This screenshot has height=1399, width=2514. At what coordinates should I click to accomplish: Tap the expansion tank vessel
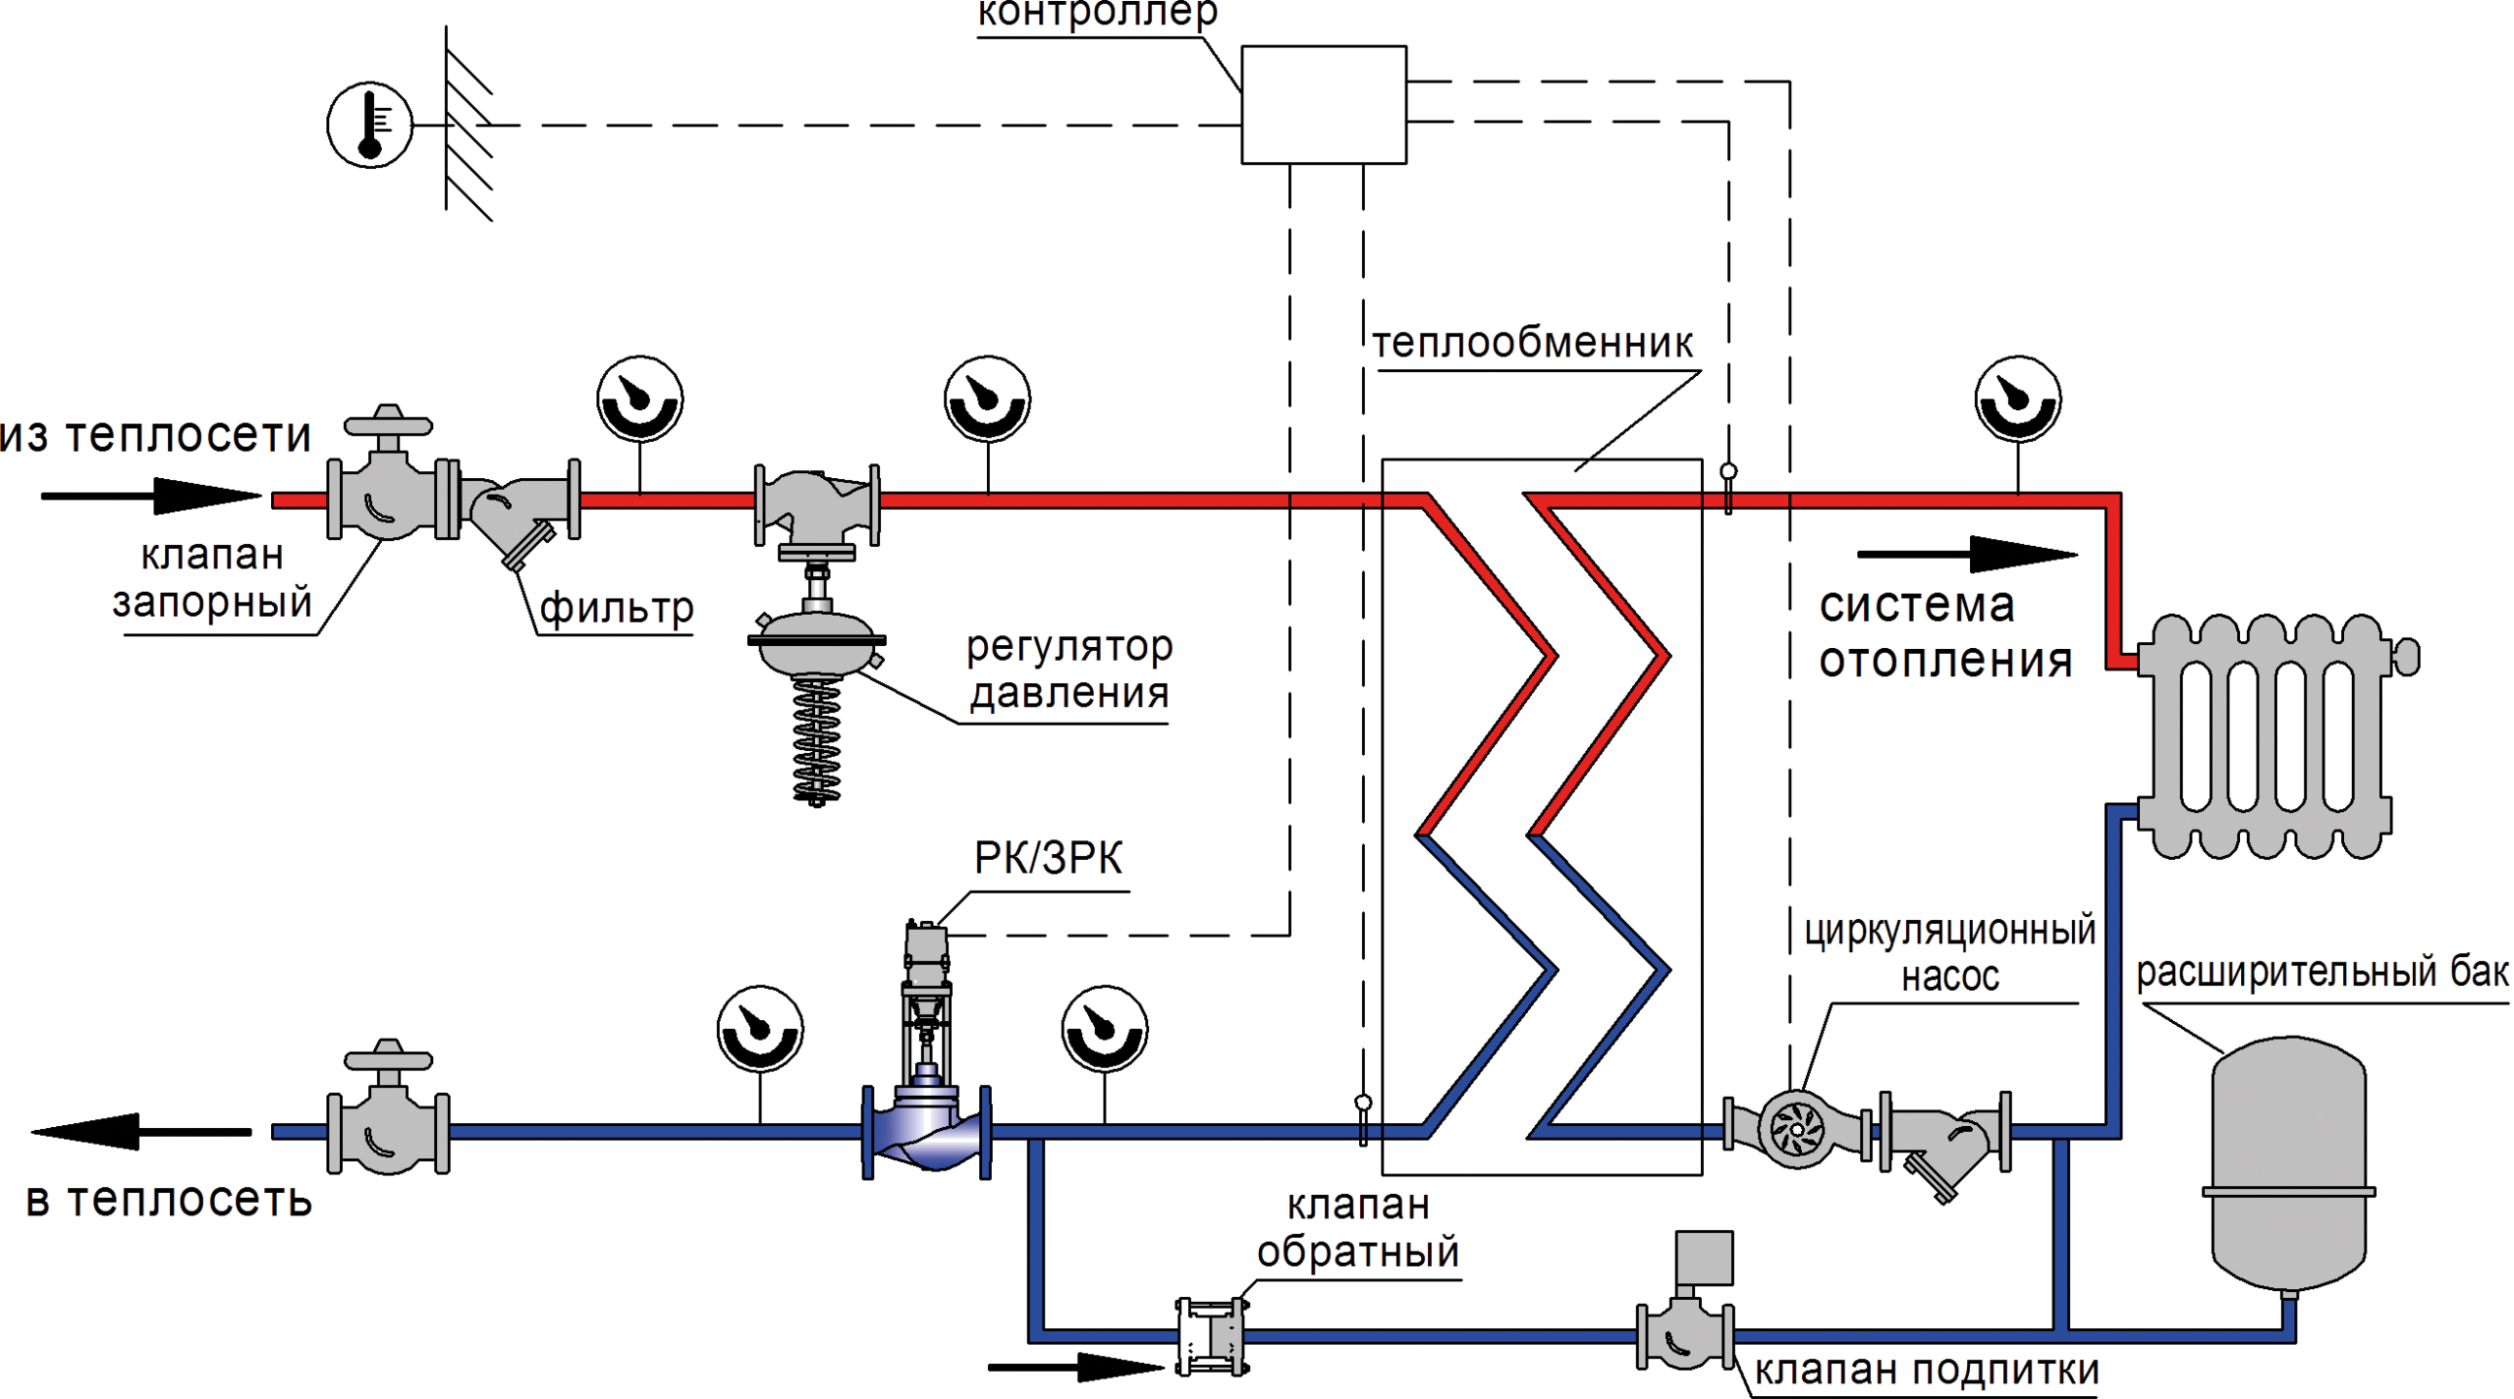coord(2288,1163)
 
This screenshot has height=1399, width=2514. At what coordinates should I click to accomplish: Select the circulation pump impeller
coord(1797,1130)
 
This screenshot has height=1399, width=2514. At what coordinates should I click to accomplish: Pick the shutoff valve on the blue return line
coord(388,1132)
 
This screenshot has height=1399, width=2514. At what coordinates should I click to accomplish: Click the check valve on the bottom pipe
coord(1227,1336)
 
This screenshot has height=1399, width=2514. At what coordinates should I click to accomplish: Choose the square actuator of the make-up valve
coord(1704,1258)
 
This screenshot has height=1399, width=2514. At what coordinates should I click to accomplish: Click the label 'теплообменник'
coord(1532,344)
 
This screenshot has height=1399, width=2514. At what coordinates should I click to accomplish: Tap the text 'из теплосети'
coord(155,436)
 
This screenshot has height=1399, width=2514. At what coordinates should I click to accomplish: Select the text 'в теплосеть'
coord(169,1201)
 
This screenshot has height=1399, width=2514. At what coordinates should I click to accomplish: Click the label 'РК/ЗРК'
coord(1048,858)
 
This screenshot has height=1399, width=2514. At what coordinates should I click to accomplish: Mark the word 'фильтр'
coord(617,609)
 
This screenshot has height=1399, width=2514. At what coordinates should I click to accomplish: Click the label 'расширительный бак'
coord(2323,973)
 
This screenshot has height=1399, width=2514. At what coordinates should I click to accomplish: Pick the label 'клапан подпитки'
coord(1927,1371)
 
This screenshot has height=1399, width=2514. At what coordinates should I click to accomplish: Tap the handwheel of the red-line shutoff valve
coord(388,425)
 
